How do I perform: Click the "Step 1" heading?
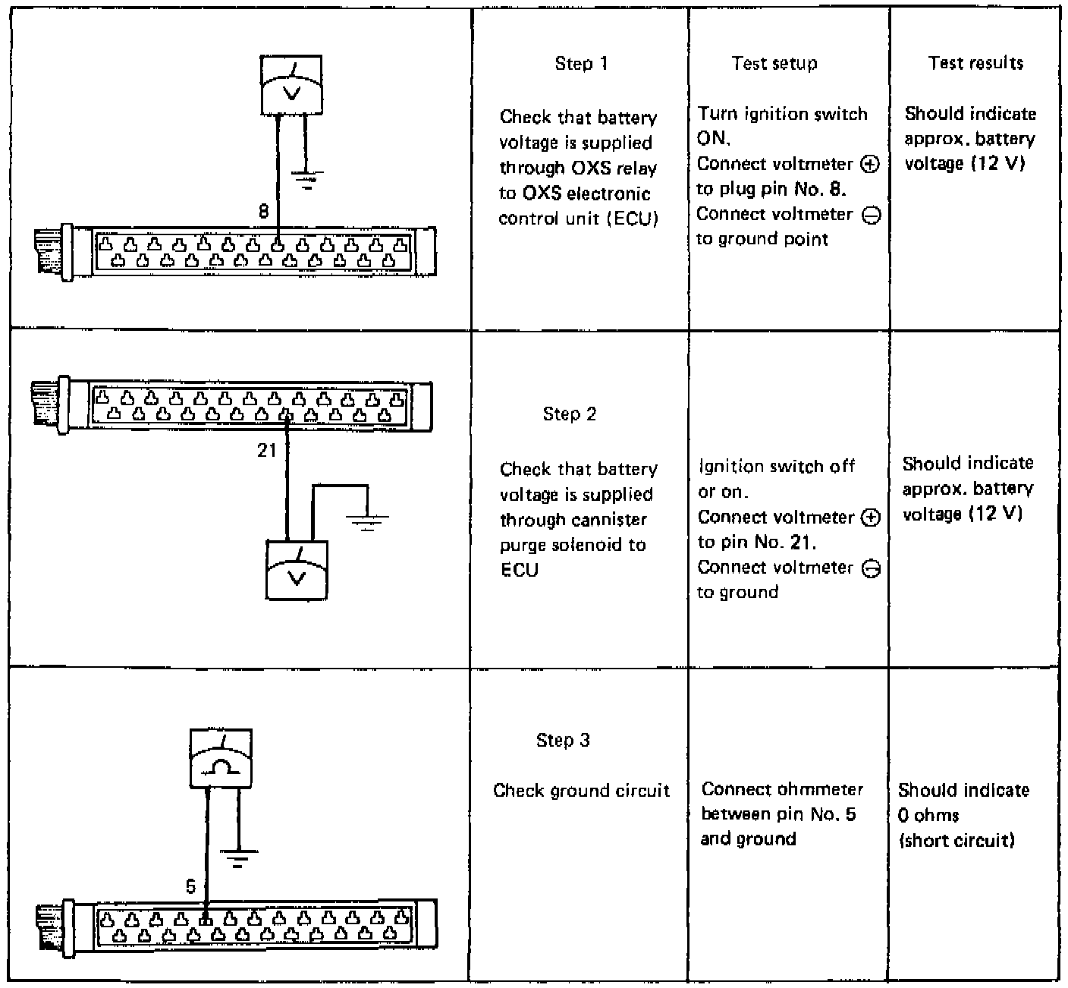[581, 64]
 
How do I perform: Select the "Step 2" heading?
[569, 414]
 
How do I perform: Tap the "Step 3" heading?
[562, 741]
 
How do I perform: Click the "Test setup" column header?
[774, 64]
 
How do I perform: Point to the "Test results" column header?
[975, 63]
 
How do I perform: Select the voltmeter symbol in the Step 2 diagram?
[297, 570]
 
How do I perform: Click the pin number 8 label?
[263, 212]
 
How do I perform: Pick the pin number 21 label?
[267, 451]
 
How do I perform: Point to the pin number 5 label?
[190, 886]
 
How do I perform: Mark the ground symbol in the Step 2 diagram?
[367, 522]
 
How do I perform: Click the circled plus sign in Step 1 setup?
[871, 165]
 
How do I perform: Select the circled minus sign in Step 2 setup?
[872, 569]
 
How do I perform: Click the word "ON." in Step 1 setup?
[713, 139]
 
